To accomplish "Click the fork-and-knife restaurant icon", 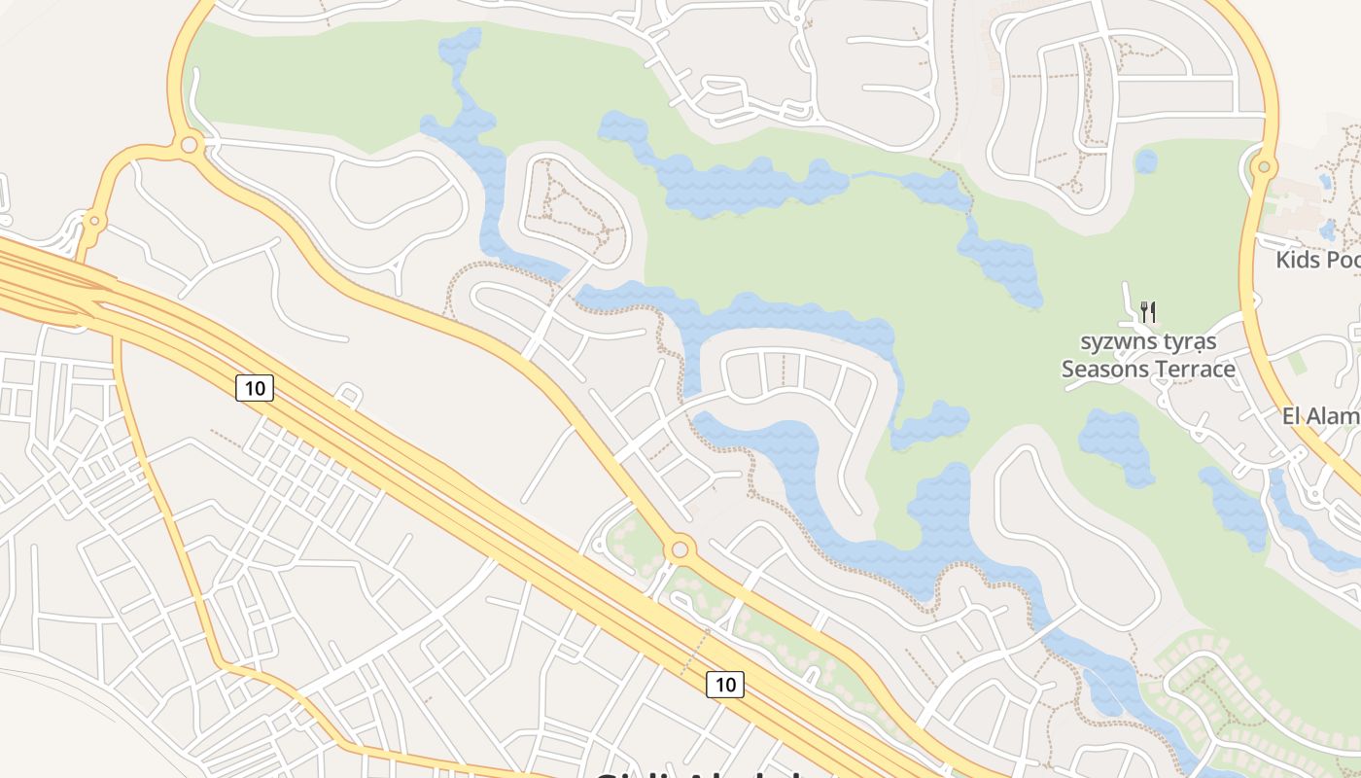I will (x=1148, y=311).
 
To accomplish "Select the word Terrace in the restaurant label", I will (x=1196, y=370).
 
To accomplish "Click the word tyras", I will (x=1187, y=342).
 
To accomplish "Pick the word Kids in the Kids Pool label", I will (x=1298, y=260).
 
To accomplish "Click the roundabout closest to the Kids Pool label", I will (x=1264, y=167).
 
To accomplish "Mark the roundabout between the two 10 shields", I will (x=680, y=549).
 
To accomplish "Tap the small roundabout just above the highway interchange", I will (x=94, y=221).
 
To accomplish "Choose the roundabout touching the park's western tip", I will (x=190, y=146).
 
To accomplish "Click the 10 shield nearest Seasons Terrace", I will (x=725, y=685).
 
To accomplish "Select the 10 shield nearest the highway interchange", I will (x=255, y=389).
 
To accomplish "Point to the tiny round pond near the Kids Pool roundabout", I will (x=1146, y=161).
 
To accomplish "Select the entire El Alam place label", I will (x=1321, y=416).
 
